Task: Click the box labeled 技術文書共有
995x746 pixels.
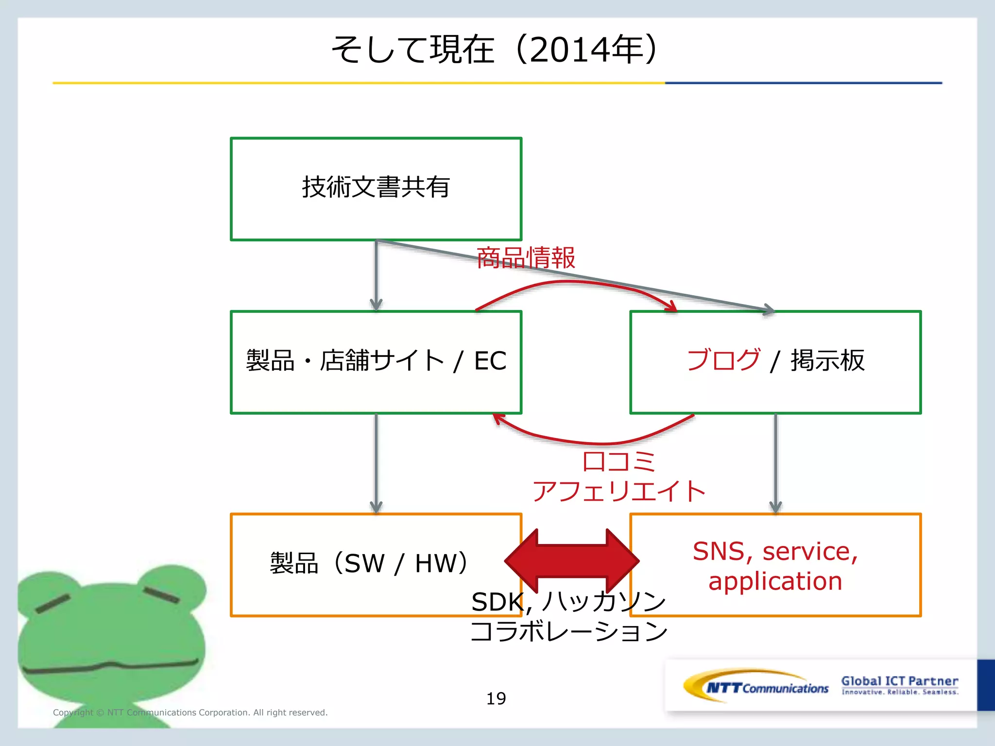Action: [x=376, y=188]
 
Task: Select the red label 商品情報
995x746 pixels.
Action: [x=526, y=257]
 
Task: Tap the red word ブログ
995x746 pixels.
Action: [x=723, y=360]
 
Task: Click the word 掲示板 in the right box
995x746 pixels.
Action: [x=827, y=360]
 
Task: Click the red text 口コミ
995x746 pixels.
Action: [x=618, y=461]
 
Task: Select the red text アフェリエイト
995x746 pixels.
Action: [x=618, y=491]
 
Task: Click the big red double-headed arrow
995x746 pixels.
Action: [x=571, y=561]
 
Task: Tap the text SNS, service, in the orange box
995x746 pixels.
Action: [x=775, y=551]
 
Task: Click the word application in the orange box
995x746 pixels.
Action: [x=775, y=581]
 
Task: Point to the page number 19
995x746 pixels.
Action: [x=496, y=698]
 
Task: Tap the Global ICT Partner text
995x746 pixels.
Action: [x=899, y=681]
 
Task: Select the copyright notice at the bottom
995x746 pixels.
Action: [x=190, y=712]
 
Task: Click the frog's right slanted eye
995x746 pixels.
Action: [x=161, y=594]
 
